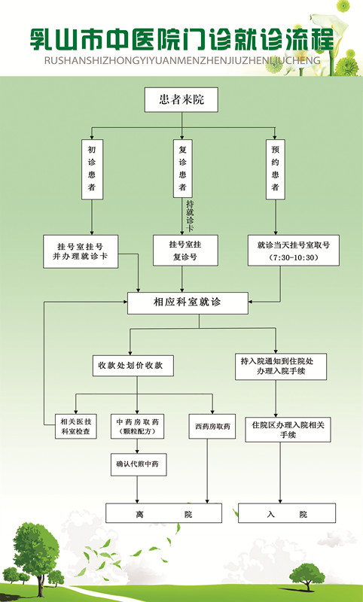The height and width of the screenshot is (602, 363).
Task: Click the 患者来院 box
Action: coord(181,100)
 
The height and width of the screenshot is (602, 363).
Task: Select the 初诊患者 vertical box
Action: coord(92,169)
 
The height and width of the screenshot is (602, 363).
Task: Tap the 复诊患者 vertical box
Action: coord(182,169)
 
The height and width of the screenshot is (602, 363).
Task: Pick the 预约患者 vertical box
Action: coord(276,169)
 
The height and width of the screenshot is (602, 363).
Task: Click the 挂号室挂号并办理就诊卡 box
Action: coord(81,251)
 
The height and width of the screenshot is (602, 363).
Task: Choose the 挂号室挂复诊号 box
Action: coord(185,251)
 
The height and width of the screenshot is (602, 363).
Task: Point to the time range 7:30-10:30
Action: coord(294,257)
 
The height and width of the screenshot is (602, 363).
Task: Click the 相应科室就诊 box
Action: coord(188,303)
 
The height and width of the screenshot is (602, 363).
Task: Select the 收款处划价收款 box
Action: coord(133,366)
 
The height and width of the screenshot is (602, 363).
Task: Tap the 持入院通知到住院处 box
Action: coord(281,366)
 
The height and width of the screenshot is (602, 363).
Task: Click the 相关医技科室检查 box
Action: coord(75,426)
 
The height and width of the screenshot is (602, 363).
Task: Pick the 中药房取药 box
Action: coord(138,426)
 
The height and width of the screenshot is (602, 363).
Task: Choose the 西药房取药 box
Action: coord(212,426)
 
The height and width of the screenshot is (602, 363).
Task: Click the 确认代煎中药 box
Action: coord(139,464)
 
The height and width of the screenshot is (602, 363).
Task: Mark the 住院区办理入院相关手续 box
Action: coord(288,430)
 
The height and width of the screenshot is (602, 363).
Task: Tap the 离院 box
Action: coord(163,513)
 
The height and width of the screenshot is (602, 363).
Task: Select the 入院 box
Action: coord(287,513)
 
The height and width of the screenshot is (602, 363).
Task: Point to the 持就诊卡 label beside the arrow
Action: coord(190,216)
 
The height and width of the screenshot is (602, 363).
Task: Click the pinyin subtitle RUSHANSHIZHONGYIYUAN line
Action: coord(182,60)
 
